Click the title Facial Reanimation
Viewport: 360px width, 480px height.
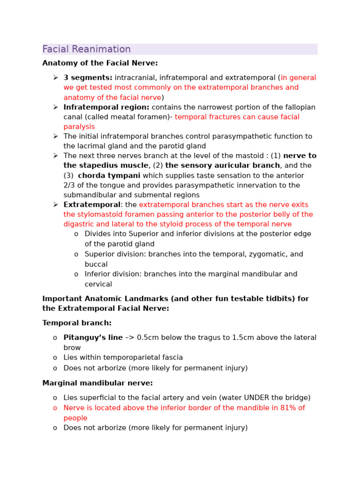pyautogui.click(x=86, y=49)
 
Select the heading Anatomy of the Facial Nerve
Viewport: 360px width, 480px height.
pyautogui.click(x=100, y=63)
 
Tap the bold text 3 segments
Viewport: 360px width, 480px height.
pyautogui.click(x=88, y=78)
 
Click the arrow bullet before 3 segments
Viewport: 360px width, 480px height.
pyautogui.click(x=55, y=78)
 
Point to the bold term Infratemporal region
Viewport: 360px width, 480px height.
pyautogui.click(x=106, y=107)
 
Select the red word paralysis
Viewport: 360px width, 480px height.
pyautogui.click(x=79, y=127)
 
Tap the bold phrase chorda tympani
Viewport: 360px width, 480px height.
pyautogui.click(x=109, y=176)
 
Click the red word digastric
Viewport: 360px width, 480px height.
pyautogui.click(x=79, y=225)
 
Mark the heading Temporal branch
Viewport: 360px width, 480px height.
pyautogui.click(x=77, y=323)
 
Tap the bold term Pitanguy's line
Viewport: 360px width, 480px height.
pyautogui.click(x=93, y=338)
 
